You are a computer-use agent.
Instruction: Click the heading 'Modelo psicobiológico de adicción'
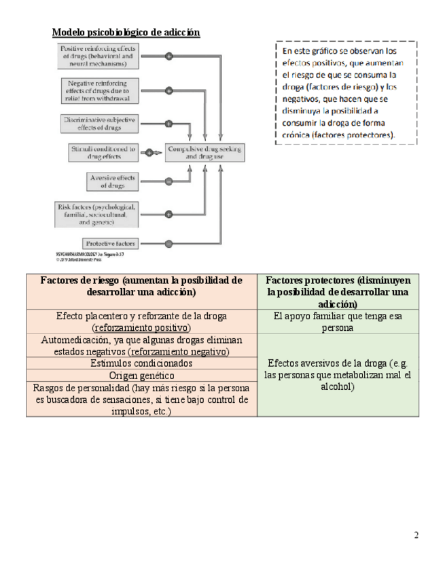[126, 32]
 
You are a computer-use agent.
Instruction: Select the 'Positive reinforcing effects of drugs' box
[99, 56]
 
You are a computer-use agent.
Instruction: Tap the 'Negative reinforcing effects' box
[99, 90]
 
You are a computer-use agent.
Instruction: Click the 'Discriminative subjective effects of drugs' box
[99, 123]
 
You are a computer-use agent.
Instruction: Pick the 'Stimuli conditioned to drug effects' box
[103, 152]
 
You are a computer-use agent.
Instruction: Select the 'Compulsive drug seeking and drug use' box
[204, 152]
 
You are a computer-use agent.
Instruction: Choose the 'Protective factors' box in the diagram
[111, 243]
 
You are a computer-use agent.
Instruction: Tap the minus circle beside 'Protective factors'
[168, 243]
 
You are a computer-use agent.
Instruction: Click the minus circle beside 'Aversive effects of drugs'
[168, 181]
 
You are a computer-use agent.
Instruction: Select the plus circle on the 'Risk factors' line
[168, 213]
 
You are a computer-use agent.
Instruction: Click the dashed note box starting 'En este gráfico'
[346, 93]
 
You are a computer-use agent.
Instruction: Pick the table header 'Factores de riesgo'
[141, 286]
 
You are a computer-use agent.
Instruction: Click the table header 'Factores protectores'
[338, 292]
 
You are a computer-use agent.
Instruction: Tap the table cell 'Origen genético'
[141, 375]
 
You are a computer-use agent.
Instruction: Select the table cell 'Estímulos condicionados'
[141, 363]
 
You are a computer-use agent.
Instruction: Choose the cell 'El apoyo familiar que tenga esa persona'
[338, 321]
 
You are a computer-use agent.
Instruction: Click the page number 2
[416, 535]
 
